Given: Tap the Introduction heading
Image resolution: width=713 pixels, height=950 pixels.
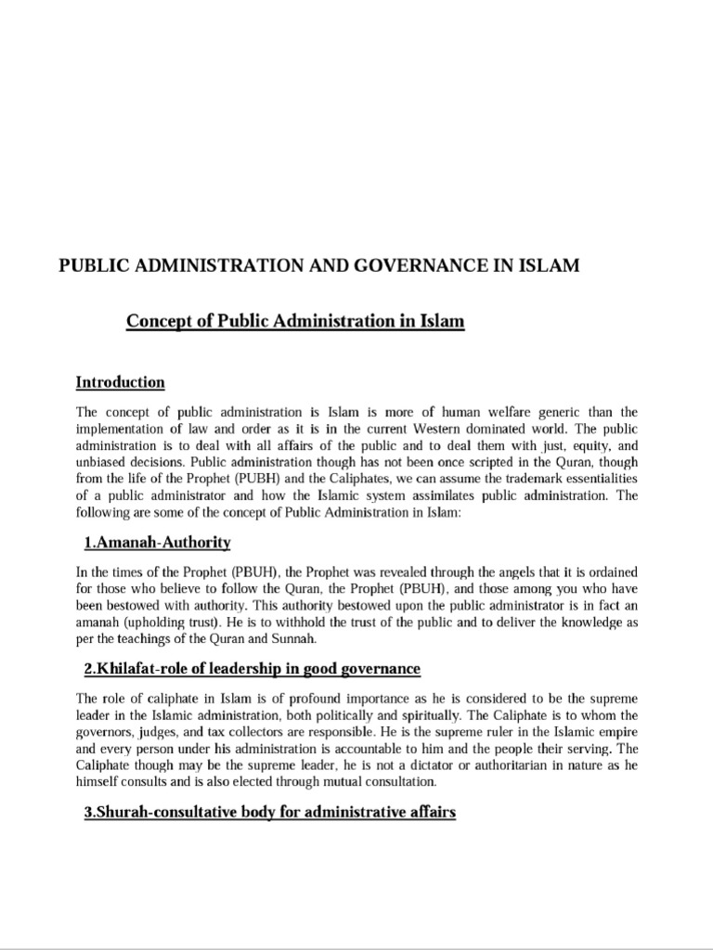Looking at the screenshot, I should pyautogui.click(x=120, y=382).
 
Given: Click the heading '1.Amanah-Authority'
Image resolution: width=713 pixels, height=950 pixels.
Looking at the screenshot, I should pyautogui.click(x=157, y=542).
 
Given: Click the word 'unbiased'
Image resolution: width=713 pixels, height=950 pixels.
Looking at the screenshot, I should pyautogui.click(x=104, y=462).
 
